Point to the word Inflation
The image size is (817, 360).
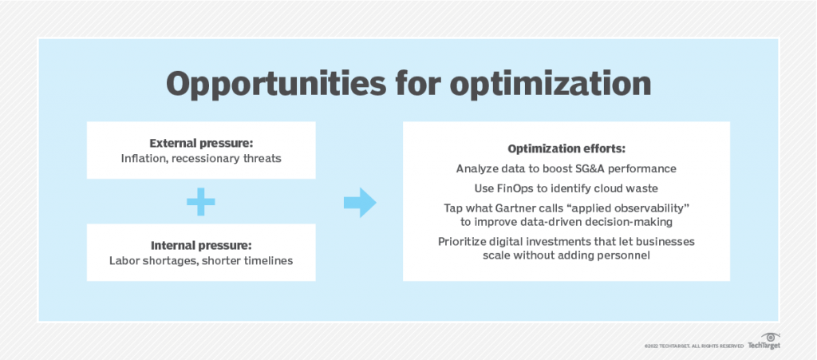(143, 158)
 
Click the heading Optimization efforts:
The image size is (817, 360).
(566, 149)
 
